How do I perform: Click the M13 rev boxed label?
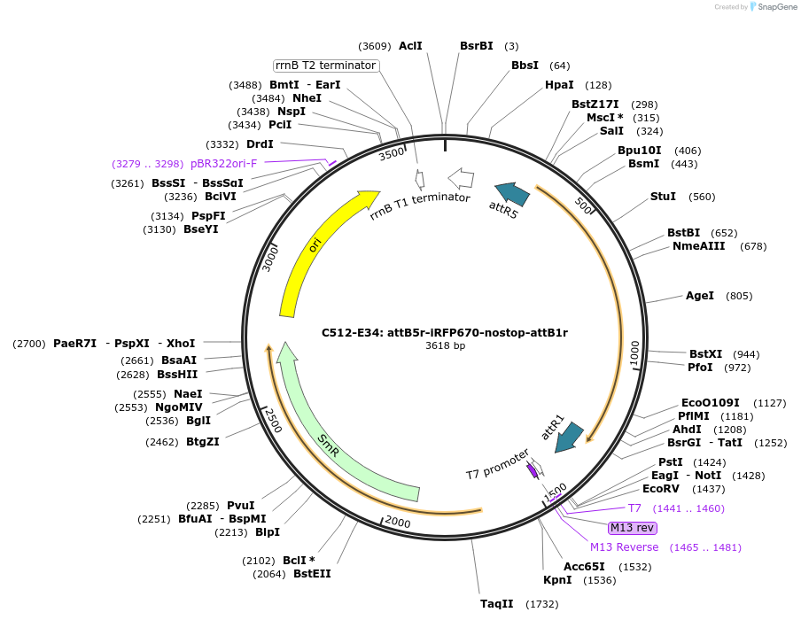coord(633,528)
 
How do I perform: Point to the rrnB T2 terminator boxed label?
coord(326,66)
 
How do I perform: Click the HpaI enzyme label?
coord(559,85)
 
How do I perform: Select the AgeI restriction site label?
coord(699,296)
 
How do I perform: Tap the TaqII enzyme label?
coord(496,604)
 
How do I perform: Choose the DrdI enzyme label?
coord(260,144)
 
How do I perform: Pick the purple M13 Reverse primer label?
coord(624,547)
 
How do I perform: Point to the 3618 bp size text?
coord(445,346)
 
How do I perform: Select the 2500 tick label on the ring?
coord(273,420)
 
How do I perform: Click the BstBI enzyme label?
coord(683,233)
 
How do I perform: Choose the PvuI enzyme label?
coord(240,506)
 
